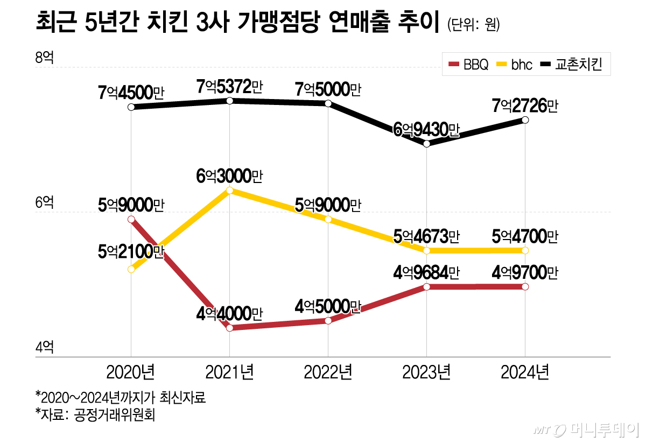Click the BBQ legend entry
coord(468,65)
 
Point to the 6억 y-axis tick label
coord(45,203)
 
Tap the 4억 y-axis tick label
coord(45,347)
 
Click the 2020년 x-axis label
coord(131,372)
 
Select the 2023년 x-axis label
coord(426,372)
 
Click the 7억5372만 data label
coord(229,86)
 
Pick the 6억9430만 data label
coord(426,130)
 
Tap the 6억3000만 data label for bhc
coord(229,176)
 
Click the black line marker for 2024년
coord(525,119)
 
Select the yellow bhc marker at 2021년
coord(230,190)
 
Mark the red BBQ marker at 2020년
coord(131,219)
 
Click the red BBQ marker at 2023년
coord(426,287)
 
